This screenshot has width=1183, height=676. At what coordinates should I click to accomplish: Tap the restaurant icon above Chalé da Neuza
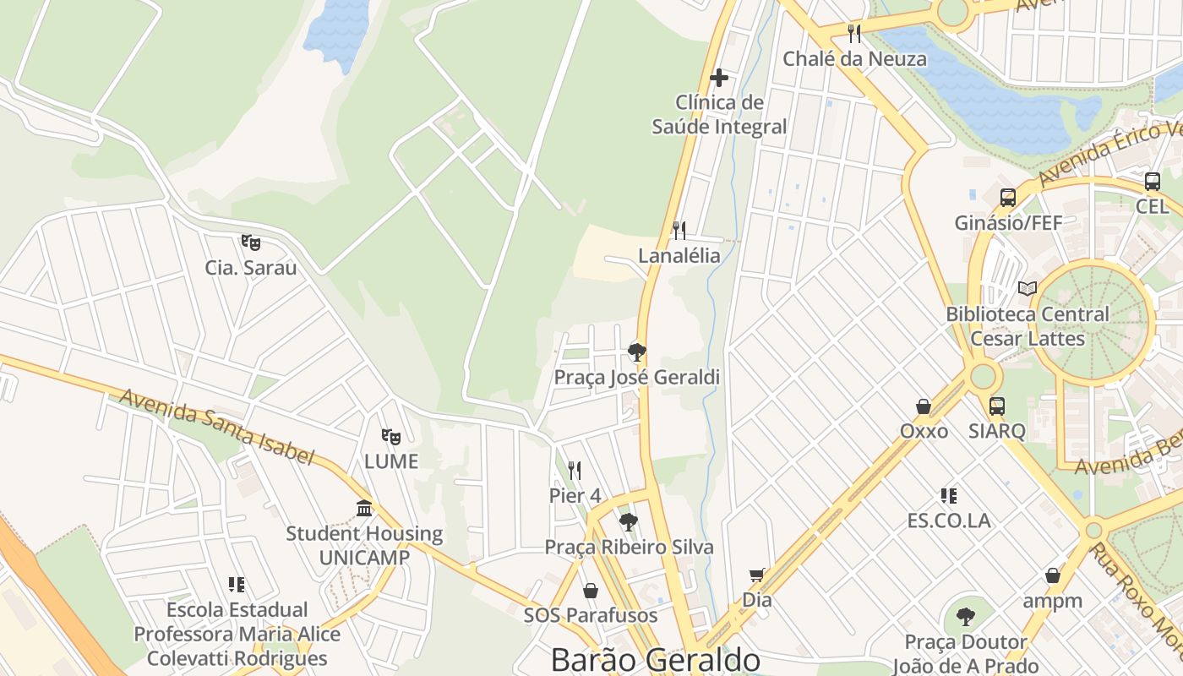pos(854,34)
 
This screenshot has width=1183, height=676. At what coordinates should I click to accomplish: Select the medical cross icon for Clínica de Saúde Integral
pos(719,79)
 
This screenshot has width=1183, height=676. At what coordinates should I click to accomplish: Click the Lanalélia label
pos(679,255)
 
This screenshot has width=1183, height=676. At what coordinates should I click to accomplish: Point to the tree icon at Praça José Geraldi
pos(637,352)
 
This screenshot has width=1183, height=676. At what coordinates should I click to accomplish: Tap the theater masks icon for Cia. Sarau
pos(250,243)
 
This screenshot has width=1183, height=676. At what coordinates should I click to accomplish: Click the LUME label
pos(391,461)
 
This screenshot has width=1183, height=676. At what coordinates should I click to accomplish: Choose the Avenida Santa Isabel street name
pos(216,427)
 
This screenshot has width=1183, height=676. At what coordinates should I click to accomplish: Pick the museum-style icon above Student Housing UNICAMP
pos(364,508)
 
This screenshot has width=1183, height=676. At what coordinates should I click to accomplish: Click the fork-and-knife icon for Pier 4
pos(575,470)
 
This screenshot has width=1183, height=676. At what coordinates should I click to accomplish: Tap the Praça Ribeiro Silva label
pos(629,547)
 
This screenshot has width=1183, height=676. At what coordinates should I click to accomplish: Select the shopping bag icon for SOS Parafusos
pos(591,590)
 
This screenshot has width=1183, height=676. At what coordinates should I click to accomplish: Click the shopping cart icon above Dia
pos(756,575)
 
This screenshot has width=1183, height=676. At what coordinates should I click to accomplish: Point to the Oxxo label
pos(924,431)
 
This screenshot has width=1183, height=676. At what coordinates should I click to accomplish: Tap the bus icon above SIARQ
pos(997,406)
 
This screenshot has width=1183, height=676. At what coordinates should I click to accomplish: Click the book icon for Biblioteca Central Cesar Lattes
pos(1028,289)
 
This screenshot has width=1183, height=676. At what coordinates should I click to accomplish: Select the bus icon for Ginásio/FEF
pos(1008,198)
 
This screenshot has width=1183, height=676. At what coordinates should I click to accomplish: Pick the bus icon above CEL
pos(1153,181)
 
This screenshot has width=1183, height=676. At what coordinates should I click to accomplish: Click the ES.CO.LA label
pos(949,521)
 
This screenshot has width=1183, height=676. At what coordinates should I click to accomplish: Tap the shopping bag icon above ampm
pos(1053,575)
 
